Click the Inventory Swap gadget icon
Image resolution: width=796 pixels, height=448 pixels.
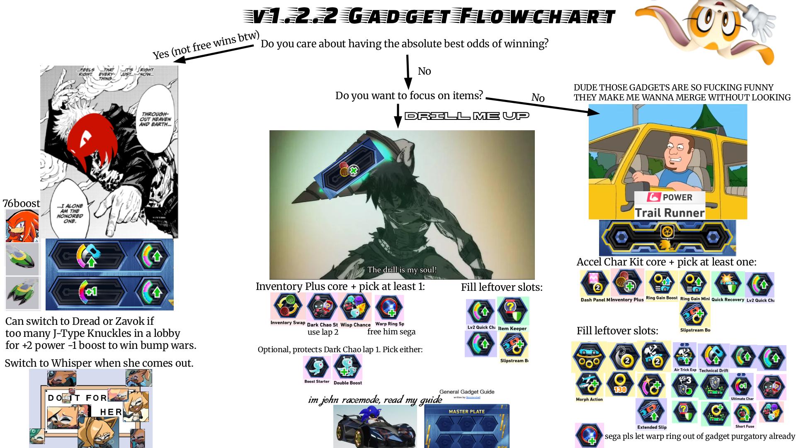pos(287,307)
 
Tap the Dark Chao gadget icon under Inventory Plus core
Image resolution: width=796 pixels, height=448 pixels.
pos(322,307)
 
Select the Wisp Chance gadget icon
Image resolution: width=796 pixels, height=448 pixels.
pos(355,307)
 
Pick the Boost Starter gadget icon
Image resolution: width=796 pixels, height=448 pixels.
pos(317,368)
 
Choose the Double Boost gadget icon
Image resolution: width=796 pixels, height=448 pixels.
pos(347,367)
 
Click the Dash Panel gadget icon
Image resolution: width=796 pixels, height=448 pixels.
pos(595,283)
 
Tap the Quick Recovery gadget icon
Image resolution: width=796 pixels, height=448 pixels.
pos(728,284)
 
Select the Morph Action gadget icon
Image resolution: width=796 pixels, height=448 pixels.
pos(589,384)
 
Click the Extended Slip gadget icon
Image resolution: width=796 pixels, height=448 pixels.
pos(651,411)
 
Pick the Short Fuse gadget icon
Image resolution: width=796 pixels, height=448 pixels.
pos(744,412)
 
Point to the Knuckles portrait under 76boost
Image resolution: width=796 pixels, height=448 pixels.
pos(22,226)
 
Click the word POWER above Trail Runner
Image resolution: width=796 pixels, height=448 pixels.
pos(677,197)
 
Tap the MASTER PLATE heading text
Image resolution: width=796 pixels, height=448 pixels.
pos(466,411)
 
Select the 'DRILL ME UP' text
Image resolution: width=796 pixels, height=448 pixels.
pos(467,116)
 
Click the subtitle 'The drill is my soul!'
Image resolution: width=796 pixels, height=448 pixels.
pos(402,270)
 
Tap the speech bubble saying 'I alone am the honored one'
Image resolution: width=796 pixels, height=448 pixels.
pos(70,213)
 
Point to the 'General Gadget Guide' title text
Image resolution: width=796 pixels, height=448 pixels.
pos(467,392)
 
